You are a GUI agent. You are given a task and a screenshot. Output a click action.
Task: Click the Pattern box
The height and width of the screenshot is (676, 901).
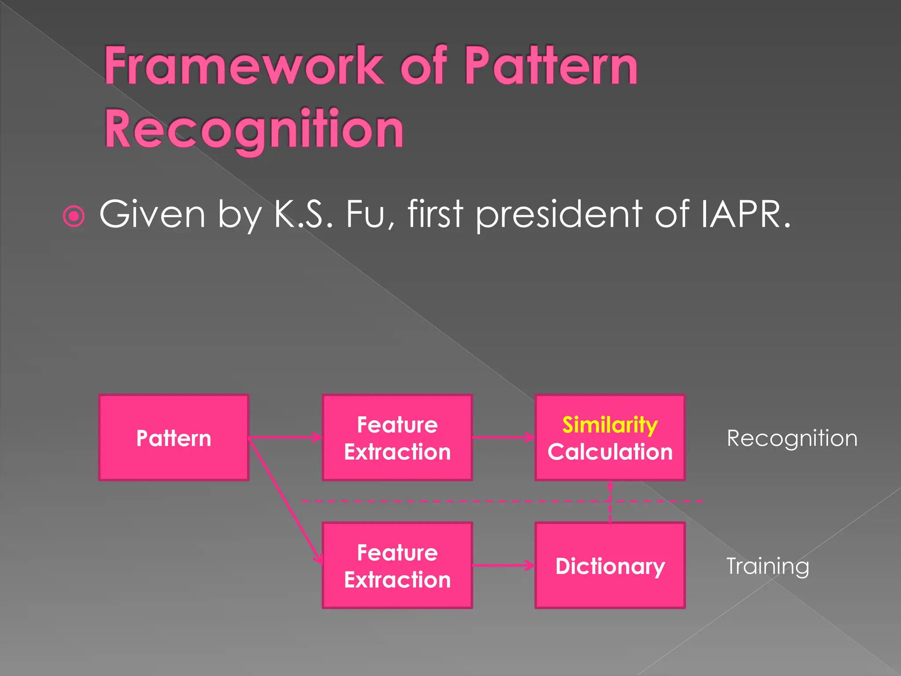174,437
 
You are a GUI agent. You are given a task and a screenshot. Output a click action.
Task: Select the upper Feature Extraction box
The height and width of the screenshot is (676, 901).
397,437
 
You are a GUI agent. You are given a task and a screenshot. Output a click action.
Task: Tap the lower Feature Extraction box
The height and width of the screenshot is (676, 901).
397,566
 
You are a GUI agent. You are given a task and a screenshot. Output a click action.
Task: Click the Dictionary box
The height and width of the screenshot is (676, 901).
610,566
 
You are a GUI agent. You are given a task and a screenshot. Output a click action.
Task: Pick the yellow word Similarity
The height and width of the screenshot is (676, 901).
610,425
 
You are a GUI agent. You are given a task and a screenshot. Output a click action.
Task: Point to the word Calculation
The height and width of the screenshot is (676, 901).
610,452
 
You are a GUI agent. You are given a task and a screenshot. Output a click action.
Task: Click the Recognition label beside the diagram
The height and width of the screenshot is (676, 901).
792,438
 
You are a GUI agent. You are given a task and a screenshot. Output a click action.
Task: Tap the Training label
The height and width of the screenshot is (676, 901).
768,566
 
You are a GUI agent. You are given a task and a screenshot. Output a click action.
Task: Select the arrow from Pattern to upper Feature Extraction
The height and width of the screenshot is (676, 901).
286,437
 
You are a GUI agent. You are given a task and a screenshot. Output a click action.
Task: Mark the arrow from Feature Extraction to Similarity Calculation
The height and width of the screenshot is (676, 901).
504,437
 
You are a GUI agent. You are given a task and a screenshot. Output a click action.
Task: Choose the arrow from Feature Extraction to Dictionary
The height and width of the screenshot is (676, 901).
504,566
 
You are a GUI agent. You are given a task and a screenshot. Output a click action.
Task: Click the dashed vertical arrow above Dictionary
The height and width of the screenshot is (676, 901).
610,502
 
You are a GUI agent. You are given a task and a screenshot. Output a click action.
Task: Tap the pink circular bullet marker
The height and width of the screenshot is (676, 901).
74,216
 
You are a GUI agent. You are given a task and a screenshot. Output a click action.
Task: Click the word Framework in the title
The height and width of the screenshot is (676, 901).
244,66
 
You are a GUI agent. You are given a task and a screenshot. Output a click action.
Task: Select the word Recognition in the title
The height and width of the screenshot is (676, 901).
254,129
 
